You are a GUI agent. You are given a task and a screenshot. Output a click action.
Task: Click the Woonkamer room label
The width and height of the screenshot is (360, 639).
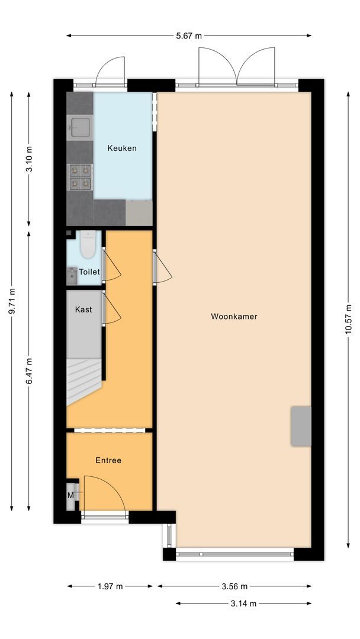pos(234,317)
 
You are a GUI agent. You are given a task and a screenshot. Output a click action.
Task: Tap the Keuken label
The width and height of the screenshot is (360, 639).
pos(122,148)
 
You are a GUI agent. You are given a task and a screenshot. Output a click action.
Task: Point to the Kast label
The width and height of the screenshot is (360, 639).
pos(83,309)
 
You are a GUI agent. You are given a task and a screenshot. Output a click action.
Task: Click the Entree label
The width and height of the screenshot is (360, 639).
pos(108,460)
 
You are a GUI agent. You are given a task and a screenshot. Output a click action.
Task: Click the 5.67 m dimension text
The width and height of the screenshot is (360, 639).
pos(188,35)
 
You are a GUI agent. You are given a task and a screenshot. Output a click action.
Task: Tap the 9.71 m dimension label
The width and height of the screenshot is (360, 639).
pos(12,302)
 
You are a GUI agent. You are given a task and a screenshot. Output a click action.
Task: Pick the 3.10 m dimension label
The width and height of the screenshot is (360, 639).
pos(29,158)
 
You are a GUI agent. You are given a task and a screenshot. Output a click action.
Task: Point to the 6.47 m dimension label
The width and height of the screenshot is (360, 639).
pos(29,371)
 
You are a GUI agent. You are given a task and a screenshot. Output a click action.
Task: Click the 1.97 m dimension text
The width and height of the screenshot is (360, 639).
pos(111,586)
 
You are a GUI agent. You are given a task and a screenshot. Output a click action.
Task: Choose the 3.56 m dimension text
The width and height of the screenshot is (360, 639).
pos(234,586)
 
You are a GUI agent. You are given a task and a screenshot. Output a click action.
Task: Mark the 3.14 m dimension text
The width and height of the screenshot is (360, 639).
pos(243,603)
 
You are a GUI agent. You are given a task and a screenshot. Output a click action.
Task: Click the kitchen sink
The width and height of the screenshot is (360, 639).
pos(80,126)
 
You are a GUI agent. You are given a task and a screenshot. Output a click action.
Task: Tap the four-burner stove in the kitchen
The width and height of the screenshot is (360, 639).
pos(80,177)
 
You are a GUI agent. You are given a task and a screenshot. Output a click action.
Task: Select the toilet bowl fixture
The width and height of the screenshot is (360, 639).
pos(88,245)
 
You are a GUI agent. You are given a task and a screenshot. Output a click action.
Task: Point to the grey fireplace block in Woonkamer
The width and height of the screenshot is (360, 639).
pos(301,426)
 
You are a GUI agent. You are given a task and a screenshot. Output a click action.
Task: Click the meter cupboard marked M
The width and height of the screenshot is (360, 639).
pos(71,495)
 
